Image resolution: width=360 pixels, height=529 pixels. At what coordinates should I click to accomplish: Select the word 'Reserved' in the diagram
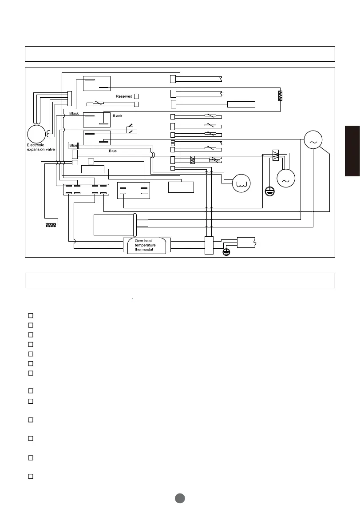coord(124,96)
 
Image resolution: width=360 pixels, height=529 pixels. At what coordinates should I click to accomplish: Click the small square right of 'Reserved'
coord(136,96)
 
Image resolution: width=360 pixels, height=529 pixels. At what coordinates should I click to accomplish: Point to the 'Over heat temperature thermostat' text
coord(145,245)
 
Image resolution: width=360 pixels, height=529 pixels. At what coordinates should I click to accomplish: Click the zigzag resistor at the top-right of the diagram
coord(280,95)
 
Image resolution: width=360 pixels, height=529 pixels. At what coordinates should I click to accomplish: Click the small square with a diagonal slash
coord(130,130)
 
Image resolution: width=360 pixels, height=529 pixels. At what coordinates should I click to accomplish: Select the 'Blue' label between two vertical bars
coord(73,146)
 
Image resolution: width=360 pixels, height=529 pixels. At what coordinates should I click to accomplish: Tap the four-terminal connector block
coord(133,191)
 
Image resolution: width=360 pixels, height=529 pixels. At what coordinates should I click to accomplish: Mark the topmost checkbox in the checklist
coord(31,315)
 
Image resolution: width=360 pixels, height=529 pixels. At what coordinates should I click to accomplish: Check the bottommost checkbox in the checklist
coord(31,476)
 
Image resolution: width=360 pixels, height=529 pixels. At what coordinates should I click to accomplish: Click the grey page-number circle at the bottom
coord(180,498)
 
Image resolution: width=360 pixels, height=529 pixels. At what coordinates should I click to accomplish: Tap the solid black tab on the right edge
coord(352,151)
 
